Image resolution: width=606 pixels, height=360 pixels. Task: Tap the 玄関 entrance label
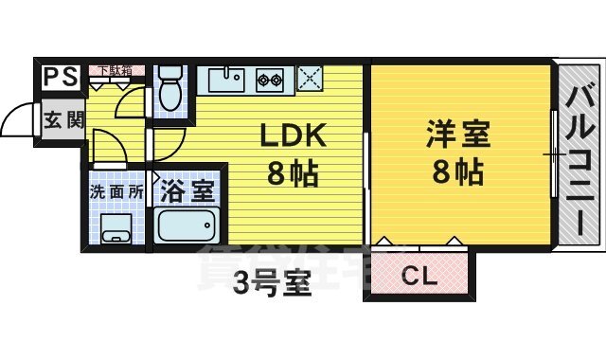coord(62,120)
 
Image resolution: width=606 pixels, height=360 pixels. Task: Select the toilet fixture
coord(169,90)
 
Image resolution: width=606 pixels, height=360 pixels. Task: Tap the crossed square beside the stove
coord(309,79)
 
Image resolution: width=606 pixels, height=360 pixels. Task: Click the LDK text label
coord(294,136)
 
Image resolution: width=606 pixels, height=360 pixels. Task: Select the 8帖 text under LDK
coord(293,173)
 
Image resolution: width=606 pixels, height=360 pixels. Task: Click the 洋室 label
coord(457,135)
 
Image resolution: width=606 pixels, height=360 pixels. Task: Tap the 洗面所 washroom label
coord(116,190)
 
